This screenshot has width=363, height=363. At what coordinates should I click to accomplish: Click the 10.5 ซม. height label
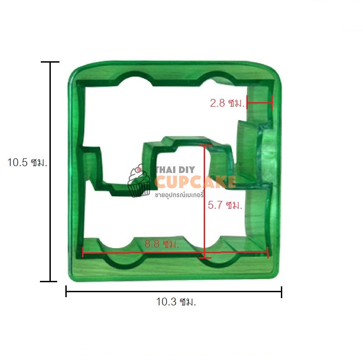coord(27,162)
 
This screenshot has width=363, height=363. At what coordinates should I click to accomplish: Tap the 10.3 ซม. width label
coord(176,302)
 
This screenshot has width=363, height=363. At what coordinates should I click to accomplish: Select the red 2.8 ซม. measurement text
coord(227,103)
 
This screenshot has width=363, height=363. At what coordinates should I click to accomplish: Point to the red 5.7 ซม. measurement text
coord(225,205)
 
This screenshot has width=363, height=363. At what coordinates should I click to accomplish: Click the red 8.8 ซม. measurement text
coord(162,244)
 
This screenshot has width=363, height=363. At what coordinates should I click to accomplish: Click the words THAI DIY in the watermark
coord(176,170)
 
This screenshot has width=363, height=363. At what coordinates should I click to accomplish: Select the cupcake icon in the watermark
coord(139,181)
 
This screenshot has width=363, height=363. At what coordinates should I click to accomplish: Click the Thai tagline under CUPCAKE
coord(179,195)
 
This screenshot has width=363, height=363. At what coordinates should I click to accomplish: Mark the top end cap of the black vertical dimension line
coord(50,62)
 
